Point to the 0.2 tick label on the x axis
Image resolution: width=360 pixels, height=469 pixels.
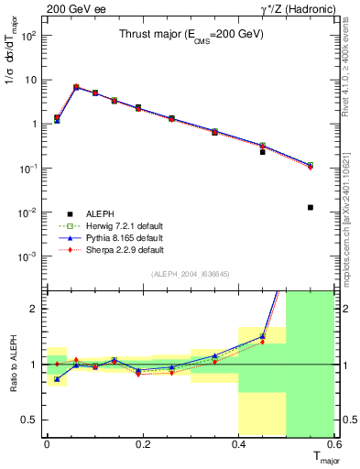[x=142, y=445]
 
